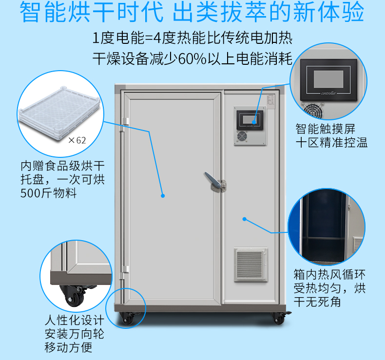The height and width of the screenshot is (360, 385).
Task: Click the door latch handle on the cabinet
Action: [x=215, y=182]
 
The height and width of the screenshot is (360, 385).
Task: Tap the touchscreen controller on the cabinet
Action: [x=250, y=120]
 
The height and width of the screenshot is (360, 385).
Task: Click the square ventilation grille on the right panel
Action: [x=250, y=265]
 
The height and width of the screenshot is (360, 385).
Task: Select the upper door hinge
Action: [x=124, y=125]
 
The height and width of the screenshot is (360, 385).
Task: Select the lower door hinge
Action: [x=124, y=272]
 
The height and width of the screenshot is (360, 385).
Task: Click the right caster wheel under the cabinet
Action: [x=279, y=318]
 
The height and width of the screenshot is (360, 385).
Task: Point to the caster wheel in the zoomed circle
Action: [x=73, y=296]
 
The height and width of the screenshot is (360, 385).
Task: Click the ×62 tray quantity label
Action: [x=77, y=140]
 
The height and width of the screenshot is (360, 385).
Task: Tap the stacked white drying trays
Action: [x=59, y=113]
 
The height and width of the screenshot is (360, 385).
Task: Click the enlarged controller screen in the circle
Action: [x=328, y=79]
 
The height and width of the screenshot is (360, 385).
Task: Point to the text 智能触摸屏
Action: [x=326, y=129]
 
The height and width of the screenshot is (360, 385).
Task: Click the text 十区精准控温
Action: [x=331, y=143]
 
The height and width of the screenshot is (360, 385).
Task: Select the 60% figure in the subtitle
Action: [x=192, y=59]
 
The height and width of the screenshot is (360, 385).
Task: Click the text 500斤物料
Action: [x=49, y=193]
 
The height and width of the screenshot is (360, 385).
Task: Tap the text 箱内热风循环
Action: [x=329, y=275]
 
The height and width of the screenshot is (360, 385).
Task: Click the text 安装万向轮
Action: [x=75, y=334]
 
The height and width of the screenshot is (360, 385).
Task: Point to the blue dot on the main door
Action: [x=163, y=196]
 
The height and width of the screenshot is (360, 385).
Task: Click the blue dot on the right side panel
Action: [x=244, y=219]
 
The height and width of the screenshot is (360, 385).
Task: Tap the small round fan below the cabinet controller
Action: [x=242, y=136]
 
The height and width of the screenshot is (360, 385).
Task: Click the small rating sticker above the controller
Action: [x=271, y=101]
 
